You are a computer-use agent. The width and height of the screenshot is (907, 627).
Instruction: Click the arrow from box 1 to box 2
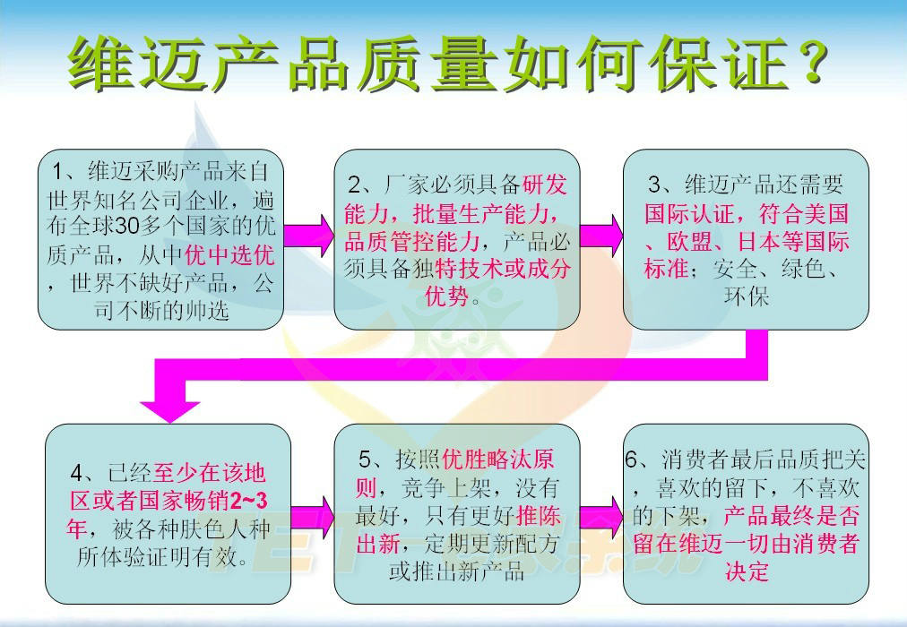point(308,236)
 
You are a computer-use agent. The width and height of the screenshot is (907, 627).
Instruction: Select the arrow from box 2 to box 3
point(601,236)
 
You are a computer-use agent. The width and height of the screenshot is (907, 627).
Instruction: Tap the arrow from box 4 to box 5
point(313,516)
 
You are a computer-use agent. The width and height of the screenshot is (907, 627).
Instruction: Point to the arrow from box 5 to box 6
point(601,516)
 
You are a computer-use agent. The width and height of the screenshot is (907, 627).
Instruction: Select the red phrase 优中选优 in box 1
point(229,255)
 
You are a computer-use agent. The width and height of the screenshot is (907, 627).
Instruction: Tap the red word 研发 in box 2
point(544,185)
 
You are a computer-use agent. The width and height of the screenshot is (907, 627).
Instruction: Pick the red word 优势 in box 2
point(446,297)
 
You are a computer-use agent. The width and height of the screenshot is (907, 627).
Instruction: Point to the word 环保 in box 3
point(747,297)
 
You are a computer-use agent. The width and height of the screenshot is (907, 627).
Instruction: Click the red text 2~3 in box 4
point(248,501)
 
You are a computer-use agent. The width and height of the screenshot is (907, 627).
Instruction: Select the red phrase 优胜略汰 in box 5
point(487,460)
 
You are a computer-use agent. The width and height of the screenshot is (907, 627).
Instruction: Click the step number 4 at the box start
point(77,474)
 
